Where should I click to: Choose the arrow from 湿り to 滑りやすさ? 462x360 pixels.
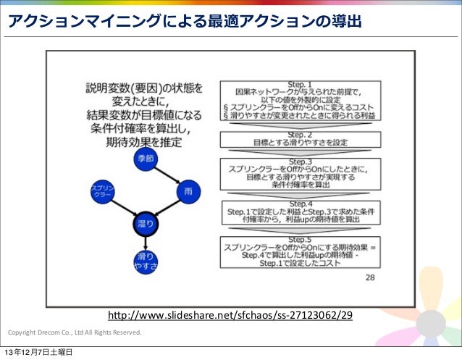point(143,243)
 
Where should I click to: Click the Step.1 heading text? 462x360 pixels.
point(299,84)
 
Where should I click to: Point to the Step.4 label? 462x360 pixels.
point(299,204)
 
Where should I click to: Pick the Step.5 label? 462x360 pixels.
point(299,238)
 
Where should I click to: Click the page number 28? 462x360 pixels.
point(370,277)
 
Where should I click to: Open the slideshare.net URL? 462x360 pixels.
point(230,316)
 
